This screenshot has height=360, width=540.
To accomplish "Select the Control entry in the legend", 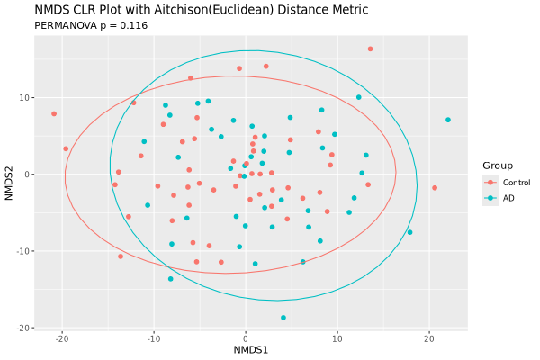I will pyautogui.click(x=516, y=183).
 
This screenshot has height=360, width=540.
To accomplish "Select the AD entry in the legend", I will pyautogui.click(x=508, y=198).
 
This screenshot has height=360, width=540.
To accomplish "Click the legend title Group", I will pyautogui.click(x=498, y=166).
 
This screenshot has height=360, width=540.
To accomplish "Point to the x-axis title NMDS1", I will pyautogui.click(x=251, y=349).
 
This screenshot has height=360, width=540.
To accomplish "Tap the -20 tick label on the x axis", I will pyautogui.click(x=62, y=337).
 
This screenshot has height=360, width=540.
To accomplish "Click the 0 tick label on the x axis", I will pyautogui.click(x=246, y=337).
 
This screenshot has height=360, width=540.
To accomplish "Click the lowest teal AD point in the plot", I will pyautogui.click(x=283, y=318).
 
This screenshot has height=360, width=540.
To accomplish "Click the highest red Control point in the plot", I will pyautogui.click(x=370, y=49).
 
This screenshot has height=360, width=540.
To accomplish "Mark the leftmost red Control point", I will pyautogui.click(x=54, y=114).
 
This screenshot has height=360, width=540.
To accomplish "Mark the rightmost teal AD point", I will pyautogui.click(x=447, y=120).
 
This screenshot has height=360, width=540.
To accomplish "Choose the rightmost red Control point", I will pyautogui.click(x=435, y=188).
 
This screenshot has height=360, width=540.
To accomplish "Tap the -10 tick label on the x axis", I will pyautogui.click(x=154, y=337).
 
